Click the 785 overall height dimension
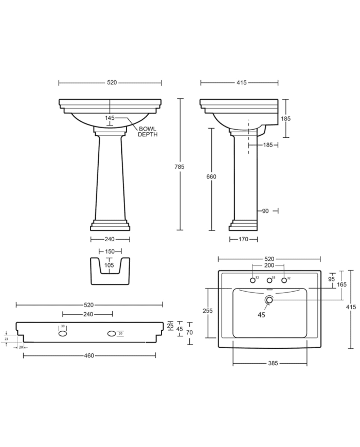point(179,166)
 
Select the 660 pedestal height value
point(211,176)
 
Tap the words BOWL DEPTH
point(148,131)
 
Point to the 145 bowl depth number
point(110,118)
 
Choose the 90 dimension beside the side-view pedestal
point(265,210)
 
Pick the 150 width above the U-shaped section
point(110,252)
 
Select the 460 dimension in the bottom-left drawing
point(89,355)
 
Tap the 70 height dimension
point(190,333)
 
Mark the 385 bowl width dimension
point(273,363)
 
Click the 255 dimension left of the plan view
point(208,311)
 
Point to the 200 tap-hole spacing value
point(269,266)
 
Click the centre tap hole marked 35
point(268,280)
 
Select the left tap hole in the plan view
point(253,280)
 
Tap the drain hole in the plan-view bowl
point(269,300)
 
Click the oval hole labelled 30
point(63,333)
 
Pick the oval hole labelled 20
point(112,334)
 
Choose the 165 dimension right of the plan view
point(342,284)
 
